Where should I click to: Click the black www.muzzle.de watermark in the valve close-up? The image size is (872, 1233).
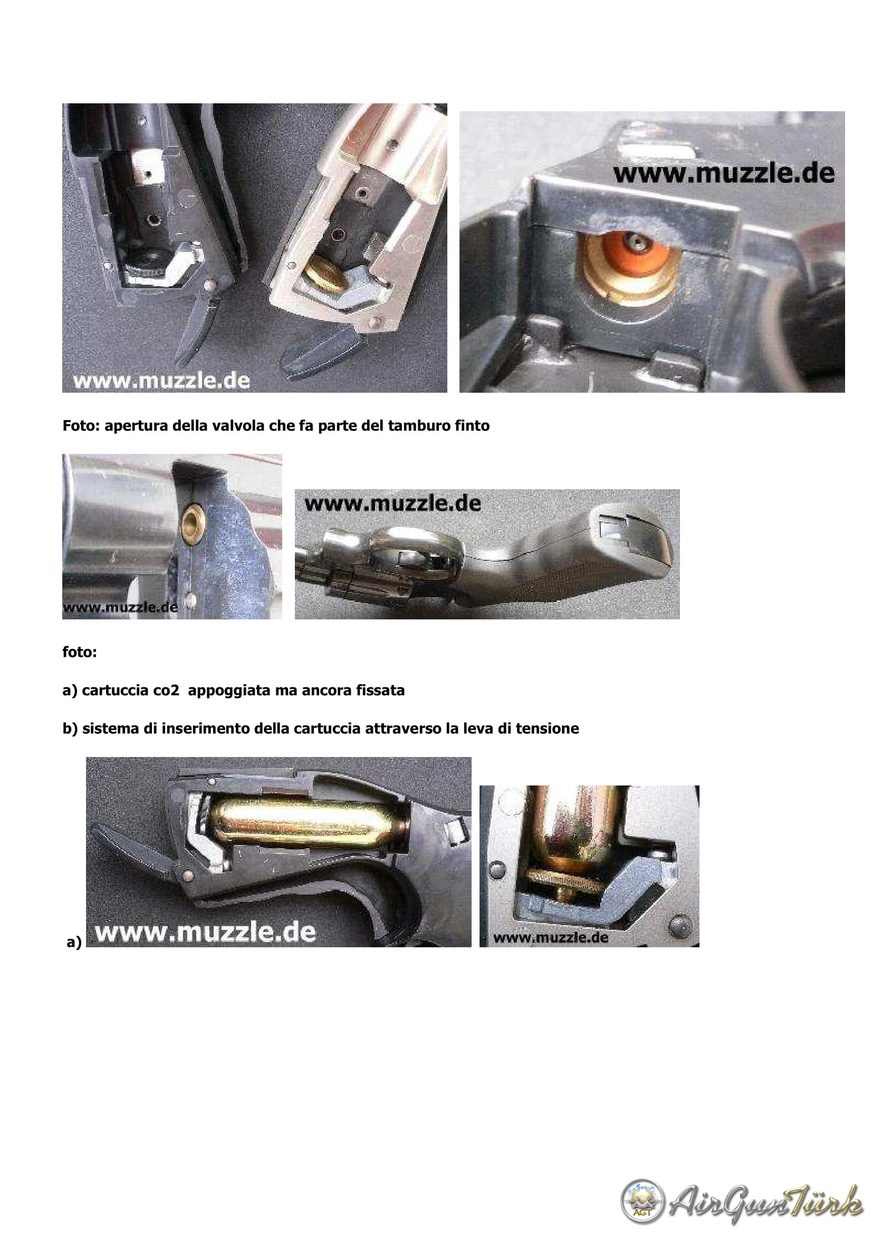(724, 173)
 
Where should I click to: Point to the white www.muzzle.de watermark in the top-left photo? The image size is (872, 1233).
(162, 381)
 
